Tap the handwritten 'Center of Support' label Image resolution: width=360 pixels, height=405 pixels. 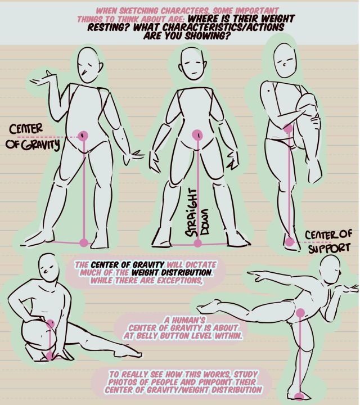[x=328, y=240]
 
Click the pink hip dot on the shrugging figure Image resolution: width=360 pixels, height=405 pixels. [x=84, y=136]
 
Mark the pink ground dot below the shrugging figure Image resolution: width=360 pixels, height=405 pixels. [x=84, y=243]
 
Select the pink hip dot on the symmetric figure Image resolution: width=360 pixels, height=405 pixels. [x=197, y=135]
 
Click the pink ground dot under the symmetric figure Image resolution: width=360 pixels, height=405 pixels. [x=197, y=243]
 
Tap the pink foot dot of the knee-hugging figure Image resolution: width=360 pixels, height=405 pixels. [x=289, y=242]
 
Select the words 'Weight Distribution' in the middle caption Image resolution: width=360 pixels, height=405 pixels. [x=165, y=273]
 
